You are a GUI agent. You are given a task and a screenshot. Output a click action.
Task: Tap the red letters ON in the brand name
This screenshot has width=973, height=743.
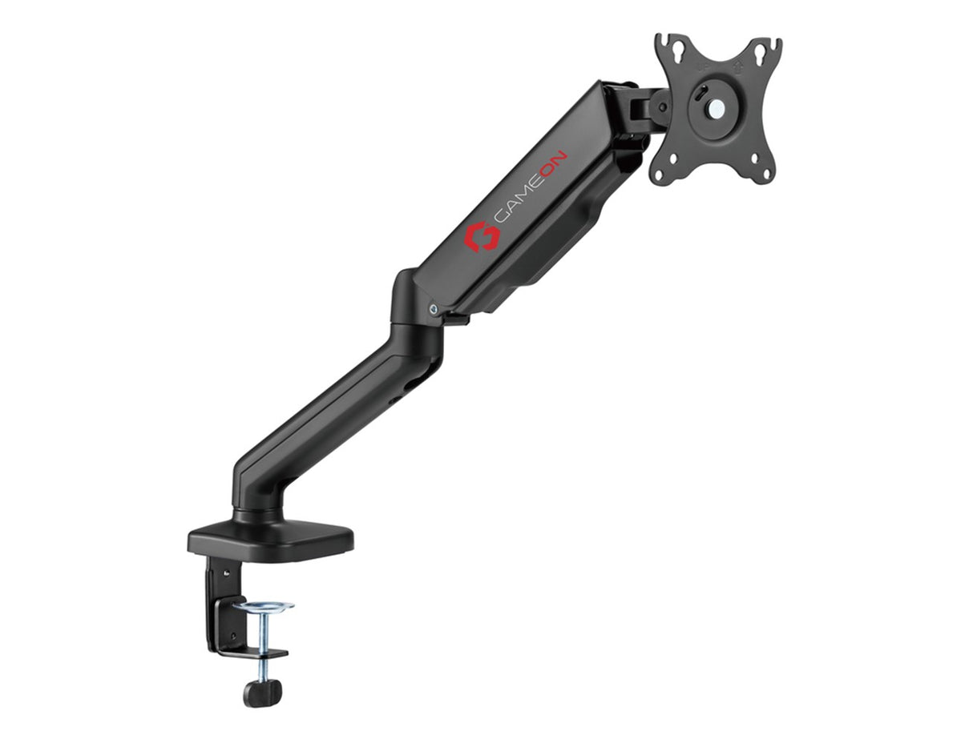pyautogui.click(x=555, y=165)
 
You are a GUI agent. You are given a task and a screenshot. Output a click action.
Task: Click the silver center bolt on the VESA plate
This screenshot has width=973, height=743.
pyautogui.click(x=717, y=106)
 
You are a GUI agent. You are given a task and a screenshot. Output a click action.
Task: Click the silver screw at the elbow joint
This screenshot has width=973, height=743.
pyautogui.click(x=434, y=307)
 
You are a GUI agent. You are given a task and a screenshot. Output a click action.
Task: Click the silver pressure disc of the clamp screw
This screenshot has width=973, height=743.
pyautogui.click(x=264, y=606)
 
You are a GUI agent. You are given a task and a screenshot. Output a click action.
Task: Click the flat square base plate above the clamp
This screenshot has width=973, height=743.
pyautogui.click(x=271, y=540)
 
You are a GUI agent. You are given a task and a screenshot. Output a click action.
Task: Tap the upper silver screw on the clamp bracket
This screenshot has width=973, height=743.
pyautogui.click(x=226, y=572)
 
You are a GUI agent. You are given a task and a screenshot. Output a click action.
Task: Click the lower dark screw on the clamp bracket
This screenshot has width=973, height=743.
pyautogui.click(x=232, y=637)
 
